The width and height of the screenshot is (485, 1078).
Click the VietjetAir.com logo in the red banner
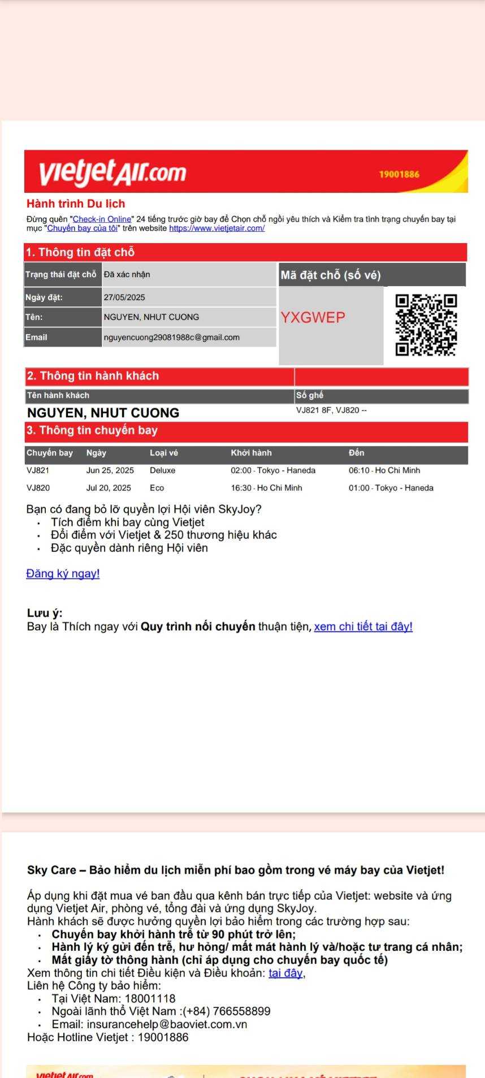(112, 172)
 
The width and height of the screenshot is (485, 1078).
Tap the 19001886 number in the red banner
(399, 174)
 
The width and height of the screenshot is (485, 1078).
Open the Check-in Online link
(102, 219)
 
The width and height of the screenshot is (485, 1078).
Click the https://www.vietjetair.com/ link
(216, 228)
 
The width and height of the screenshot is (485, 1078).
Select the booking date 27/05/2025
(124, 297)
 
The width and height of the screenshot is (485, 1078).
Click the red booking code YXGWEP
(313, 318)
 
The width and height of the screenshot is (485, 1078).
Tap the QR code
(426, 325)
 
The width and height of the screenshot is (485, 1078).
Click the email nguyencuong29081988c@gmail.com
(171, 337)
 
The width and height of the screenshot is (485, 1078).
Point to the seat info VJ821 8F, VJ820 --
(331, 410)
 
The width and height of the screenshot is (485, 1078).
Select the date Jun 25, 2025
(110, 470)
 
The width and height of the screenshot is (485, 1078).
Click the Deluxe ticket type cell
(163, 470)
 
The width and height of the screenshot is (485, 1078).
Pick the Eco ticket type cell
(157, 488)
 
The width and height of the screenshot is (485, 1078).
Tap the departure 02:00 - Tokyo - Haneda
(273, 470)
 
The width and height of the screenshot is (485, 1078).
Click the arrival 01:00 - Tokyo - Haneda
(391, 488)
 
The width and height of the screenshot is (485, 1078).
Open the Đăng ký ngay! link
(63, 574)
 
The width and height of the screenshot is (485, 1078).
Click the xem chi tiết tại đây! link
(363, 627)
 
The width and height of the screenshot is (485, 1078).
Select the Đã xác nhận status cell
(127, 275)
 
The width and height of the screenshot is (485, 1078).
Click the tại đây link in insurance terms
(285, 973)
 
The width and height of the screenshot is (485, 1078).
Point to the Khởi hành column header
(251, 453)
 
